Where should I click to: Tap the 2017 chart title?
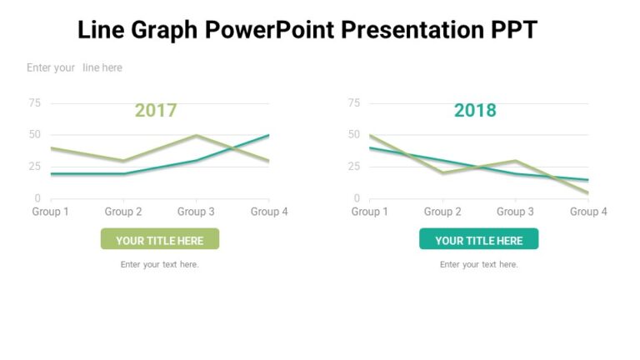(x=156, y=110)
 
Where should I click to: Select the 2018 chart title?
(x=475, y=110)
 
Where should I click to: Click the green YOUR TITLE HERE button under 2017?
(x=159, y=240)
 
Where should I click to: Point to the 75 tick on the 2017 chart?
(x=34, y=103)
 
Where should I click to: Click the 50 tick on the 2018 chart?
(x=353, y=135)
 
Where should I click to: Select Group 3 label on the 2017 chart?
(x=196, y=212)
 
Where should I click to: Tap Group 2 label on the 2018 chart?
(x=442, y=212)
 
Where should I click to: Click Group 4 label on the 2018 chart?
(x=588, y=212)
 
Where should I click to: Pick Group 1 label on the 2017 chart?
(x=50, y=212)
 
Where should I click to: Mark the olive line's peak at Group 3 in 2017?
(x=196, y=135)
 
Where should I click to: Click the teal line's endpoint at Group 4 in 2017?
(x=268, y=135)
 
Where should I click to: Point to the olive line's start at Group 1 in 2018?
(x=370, y=135)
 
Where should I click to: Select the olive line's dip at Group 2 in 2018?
(x=442, y=172)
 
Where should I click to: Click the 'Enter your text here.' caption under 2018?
(x=479, y=264)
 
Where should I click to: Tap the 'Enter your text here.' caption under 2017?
(x=159, y=264)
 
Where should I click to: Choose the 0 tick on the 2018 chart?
(x=357, y=198)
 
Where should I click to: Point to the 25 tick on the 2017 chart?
(x=34, y=167)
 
